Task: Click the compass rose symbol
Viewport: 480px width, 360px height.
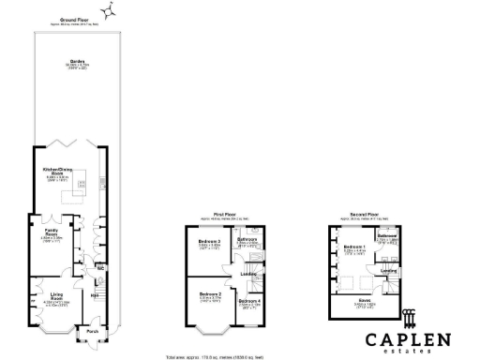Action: click(110, 10)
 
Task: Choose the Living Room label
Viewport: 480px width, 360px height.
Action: click(56, 296)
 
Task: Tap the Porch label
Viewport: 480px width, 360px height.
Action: click(92, 331)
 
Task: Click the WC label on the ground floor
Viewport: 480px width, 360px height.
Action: click(100, 266)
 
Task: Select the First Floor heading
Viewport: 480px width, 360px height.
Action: click(222, 215)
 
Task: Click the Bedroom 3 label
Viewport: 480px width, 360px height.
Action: click(209, 242)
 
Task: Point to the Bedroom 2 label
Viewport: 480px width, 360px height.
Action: click(209, 294)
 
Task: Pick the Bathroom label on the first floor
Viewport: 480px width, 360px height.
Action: click(247, 239)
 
